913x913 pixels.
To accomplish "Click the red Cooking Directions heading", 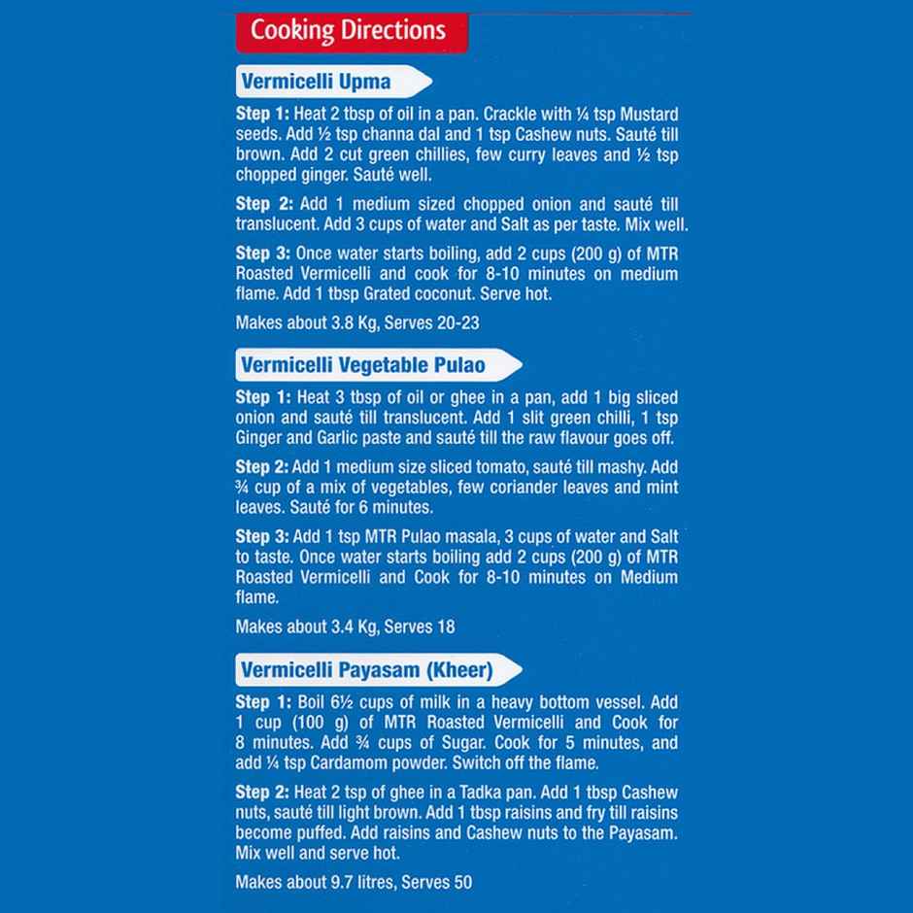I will point(348,31).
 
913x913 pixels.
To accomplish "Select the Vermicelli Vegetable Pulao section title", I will point(363,365).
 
